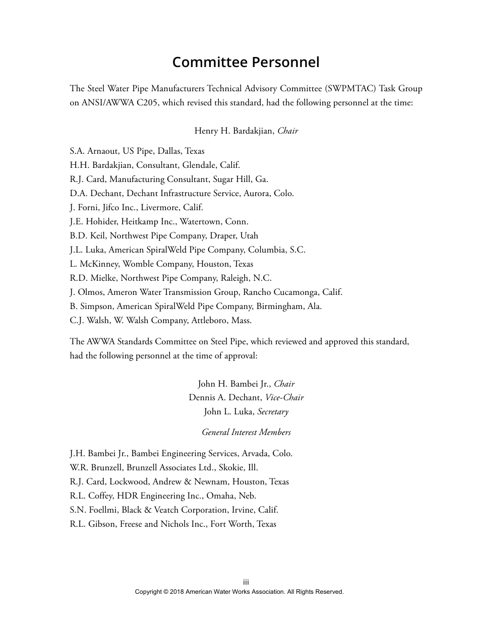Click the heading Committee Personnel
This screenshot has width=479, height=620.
point(246,62)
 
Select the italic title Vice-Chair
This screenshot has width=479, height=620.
point(284,398)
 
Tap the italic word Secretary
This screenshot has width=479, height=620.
point(273,412)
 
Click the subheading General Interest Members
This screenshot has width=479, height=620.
point(246,432)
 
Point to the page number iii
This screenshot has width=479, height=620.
point(246,582)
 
